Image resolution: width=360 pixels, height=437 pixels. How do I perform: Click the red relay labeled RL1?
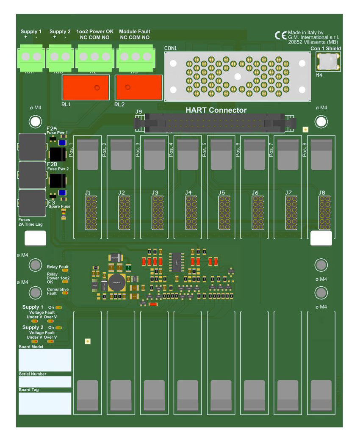tap(86, 87)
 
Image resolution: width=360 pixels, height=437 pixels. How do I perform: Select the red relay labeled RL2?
tap(139, 87)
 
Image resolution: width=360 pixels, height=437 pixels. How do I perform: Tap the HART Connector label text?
tap(216, 111)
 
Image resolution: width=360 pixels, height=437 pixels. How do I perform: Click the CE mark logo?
tap(280, 36)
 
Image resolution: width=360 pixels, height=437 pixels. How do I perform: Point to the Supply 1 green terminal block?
tap(31, 57)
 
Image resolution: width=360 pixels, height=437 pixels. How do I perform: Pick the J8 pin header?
tap(324, 212)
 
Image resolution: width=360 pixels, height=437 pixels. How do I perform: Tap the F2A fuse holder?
tap(32, 147)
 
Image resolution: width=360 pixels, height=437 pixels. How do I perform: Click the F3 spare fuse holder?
tap(32, 203)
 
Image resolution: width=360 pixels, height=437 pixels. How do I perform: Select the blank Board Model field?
tap(45, 360)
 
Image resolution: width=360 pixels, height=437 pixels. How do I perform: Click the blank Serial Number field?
tap(45, 382)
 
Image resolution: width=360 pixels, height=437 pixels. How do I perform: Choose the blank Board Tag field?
tap(45, 403)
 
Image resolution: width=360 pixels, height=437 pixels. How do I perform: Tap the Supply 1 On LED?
tap(58, 307)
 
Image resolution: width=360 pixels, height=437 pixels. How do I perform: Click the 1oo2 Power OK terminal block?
tap(94, 57)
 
